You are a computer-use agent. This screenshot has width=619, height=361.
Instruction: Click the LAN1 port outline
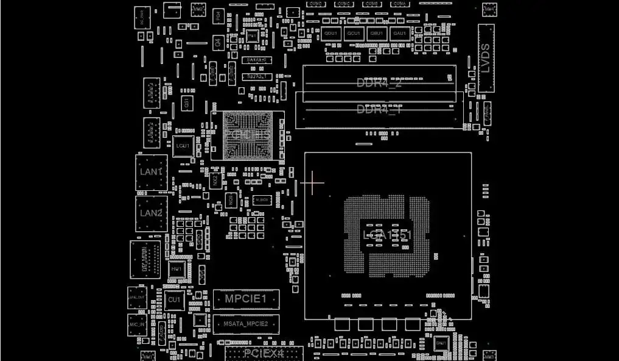pyautogui.click(x=151, y=173)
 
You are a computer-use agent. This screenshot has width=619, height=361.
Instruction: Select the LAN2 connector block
pyautogui.click(x=151, y=213)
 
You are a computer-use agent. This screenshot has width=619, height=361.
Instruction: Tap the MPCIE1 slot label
pyautogui.click(x=246, y=299)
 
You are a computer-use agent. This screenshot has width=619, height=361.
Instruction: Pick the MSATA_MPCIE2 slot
pyautogui.click(x=246, y=324)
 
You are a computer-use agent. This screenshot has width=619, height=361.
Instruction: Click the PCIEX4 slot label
pyautogui.click(x=264, y=353)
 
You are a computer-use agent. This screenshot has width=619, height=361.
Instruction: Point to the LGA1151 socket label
pyautogui.click(x=388, y=235)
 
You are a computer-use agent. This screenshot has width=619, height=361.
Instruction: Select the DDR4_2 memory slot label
pyautogui.click(x=379, y=83)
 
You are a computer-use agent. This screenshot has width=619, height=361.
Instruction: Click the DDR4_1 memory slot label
pyautogui.click(x=379, y=110)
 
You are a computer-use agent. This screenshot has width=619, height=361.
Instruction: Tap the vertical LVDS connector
pyautogui.click(x=486, y=58)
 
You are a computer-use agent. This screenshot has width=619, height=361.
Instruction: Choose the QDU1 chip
pyautogui.click(x=331, y=34)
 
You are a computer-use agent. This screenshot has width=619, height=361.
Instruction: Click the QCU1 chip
pyautogui.click(x=354, y=34)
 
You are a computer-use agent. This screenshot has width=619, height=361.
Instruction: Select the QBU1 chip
pyautogui.click(x=377, y=34)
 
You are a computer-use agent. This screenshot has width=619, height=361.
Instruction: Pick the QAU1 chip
pyautogui.click(x=399, y=34)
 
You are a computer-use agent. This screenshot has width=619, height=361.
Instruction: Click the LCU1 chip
pyautogui.click(x=182, y=146)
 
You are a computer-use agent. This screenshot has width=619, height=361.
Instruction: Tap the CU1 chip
pyautogui.click(x=174, y=300)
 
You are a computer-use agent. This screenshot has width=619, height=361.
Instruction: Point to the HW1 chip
pyautogui.click(x=176, y=269)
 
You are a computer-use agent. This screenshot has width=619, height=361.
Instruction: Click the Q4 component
pyautogui.click(x=218, y=43)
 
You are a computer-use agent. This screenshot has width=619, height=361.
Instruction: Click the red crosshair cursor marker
pyautogui.click(x=312, y=182)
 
